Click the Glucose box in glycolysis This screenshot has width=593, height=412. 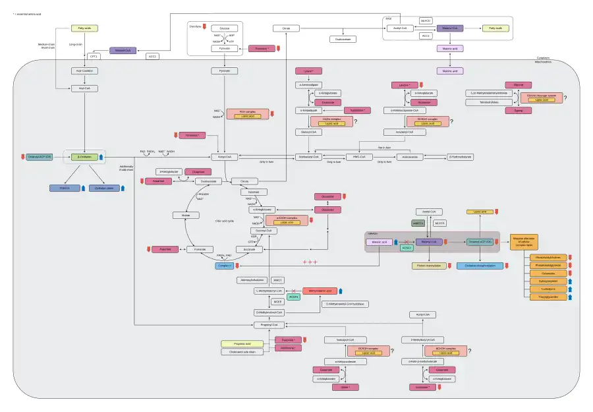(x=225, y=28)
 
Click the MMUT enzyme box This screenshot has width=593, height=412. (x=277, y=280)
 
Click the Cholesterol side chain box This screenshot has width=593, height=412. (x=238, y=352)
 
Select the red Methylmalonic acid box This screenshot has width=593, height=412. (x=320, y=291)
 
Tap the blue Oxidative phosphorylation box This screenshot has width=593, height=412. (x=480, y=266)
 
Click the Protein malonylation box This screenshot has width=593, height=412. (x=428, y=266)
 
